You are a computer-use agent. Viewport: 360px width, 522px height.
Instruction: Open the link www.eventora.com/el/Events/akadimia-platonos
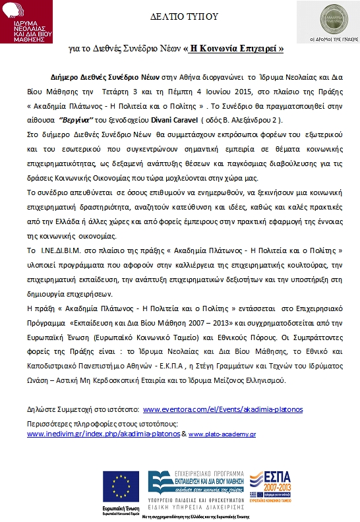click(222, 409)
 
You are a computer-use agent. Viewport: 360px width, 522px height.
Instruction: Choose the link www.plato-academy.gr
click(223, 434)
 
